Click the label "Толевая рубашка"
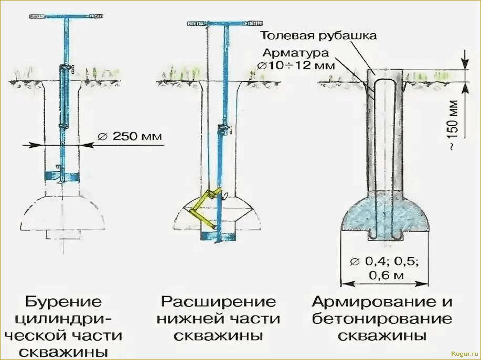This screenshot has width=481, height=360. [318, 36]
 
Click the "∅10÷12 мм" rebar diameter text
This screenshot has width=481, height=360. [297, 67]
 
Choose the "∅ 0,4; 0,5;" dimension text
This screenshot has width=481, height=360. [386, 260]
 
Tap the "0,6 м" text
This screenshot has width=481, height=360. [385, 275]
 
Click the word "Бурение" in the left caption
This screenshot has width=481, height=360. [63, 302]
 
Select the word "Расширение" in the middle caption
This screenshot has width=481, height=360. [218, 302]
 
